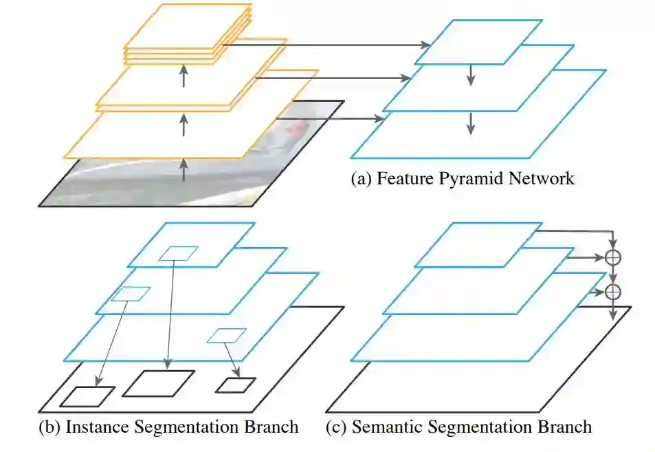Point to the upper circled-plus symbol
tap(612, 257)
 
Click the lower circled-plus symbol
tap(612, 292)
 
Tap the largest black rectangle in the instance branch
tap(158, 383)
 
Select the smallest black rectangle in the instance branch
tap(236, 385)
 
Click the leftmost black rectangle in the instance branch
tap(87, 396)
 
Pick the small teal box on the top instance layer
tap(178, 253)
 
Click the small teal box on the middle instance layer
tap(131, 293)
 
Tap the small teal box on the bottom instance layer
tap(226, 335)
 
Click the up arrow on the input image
tap(184, 169)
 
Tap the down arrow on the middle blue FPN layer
tap(471, 122)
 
